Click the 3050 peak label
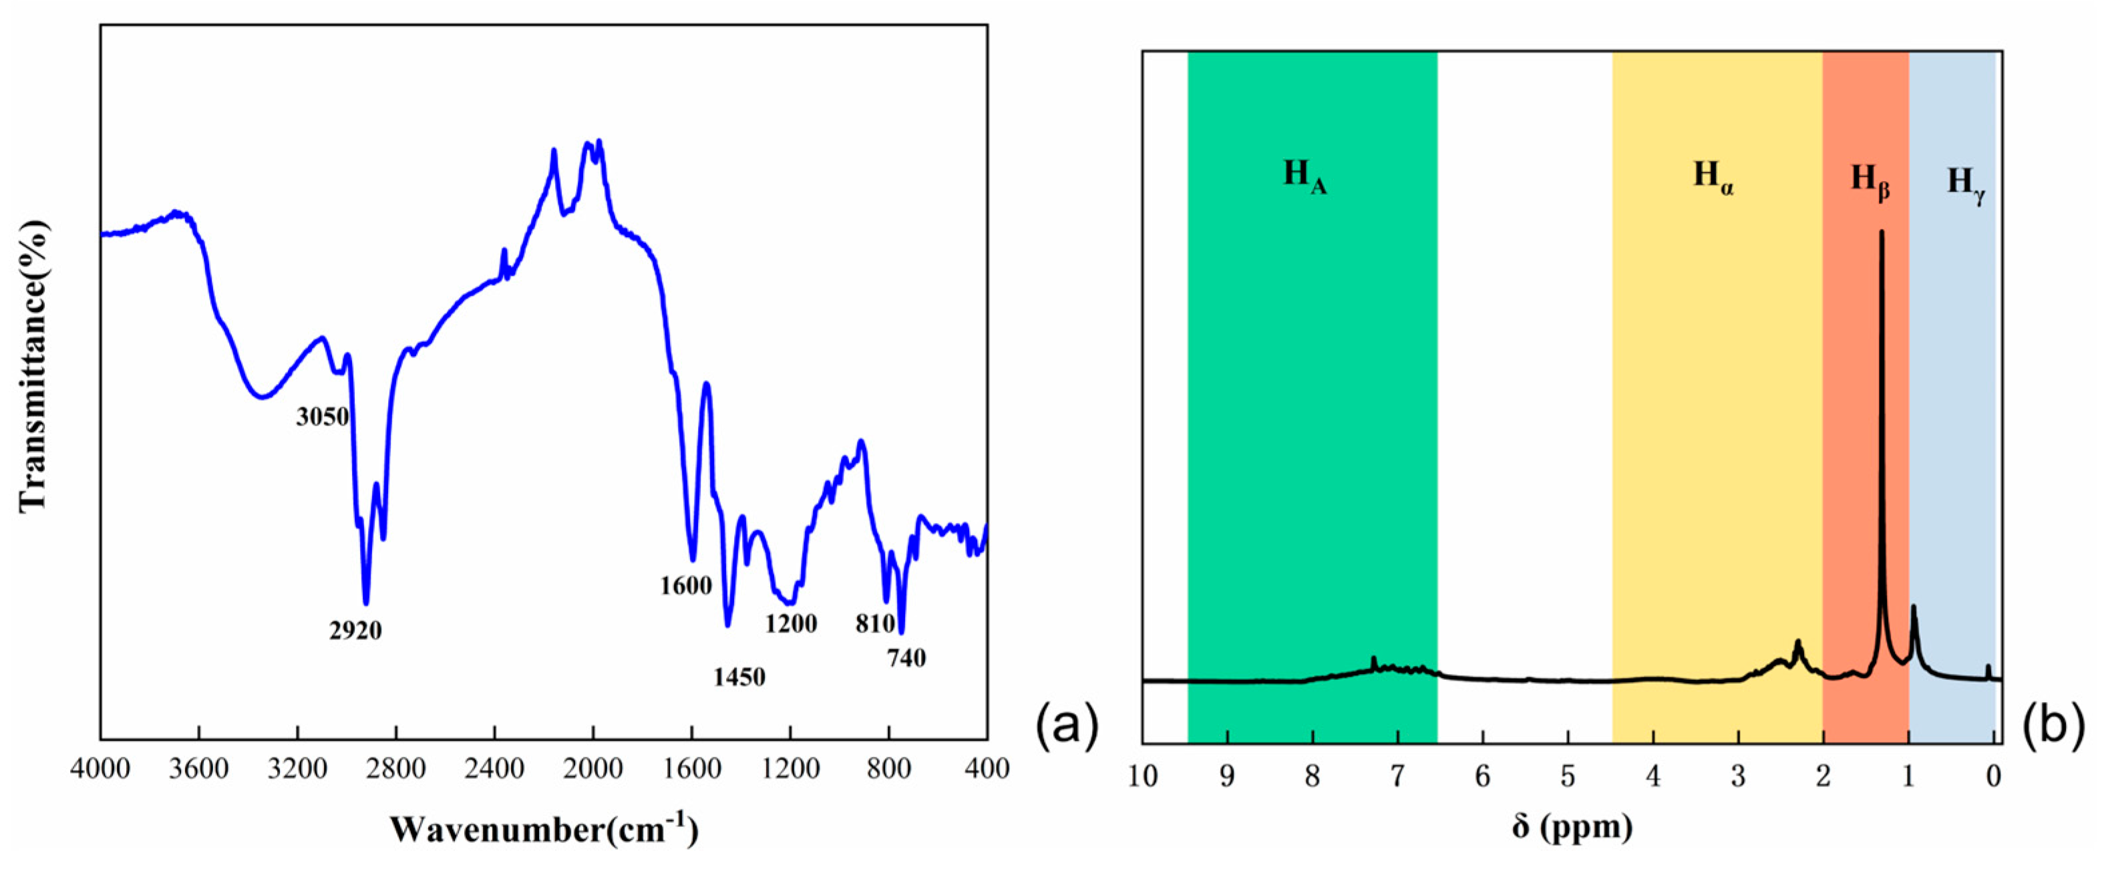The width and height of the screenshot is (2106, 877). (x=322, y=417)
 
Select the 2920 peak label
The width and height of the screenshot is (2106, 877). (x=355, y=630)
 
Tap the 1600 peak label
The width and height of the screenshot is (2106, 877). (x=686, y=585)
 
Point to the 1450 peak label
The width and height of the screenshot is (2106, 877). (x=739, y=677)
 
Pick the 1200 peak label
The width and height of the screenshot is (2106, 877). (x=791, y=624)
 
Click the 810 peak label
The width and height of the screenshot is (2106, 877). (x=875, y=624)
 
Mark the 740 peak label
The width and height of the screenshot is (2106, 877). (x=906, y=657)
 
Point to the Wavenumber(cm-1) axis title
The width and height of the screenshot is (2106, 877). (x=544, y=829)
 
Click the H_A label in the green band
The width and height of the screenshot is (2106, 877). (x=1304, y=176)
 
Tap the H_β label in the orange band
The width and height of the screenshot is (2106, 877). (x=1870, y=180)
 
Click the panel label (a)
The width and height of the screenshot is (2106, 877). (x=1067, y=726)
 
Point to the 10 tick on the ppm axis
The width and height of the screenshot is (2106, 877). (x=1143, y=776)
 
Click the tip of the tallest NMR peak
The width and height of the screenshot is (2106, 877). (x=1881, y=232)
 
